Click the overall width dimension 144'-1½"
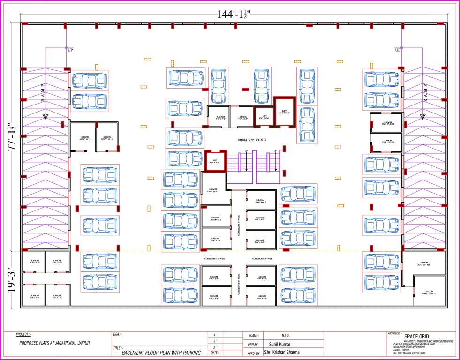click(x=234, y=14)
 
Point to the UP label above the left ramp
click(x=70, y=50)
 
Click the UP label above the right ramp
click(x=398, y=50)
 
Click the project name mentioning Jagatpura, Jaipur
click(x=54, y=343)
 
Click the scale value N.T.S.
click(x=286, y=335)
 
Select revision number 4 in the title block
click(x=214, y=335)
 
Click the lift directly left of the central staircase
click(x=215, y=161)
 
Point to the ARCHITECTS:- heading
click(x=395, y=333)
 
